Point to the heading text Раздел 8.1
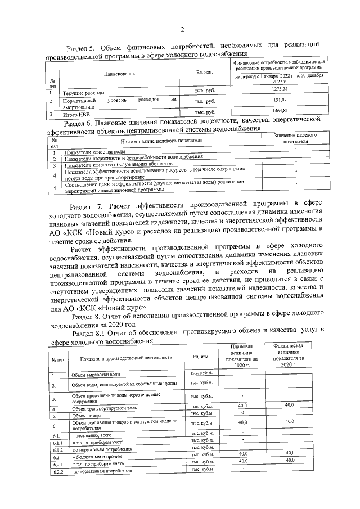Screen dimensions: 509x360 (90, 330)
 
